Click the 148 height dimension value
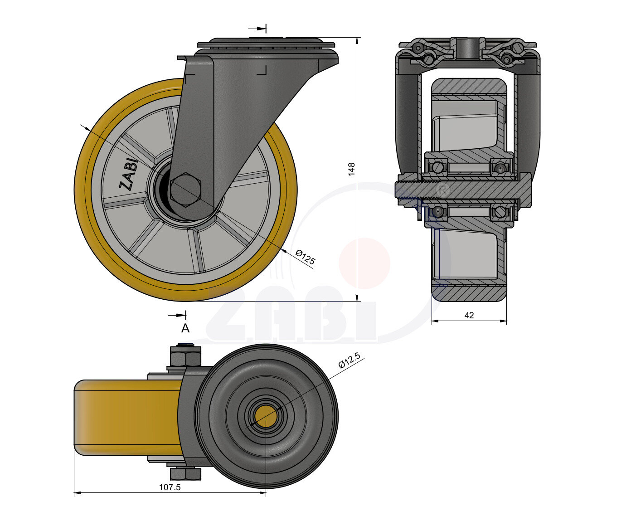(351, 169)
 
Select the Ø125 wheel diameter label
(305, 257)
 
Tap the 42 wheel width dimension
(469, 315)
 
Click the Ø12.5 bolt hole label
(349, 360)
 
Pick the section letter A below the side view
(185, 328)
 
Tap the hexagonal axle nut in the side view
(185, 190)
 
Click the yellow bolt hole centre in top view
(265, 417)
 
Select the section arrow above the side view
(257, 29)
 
